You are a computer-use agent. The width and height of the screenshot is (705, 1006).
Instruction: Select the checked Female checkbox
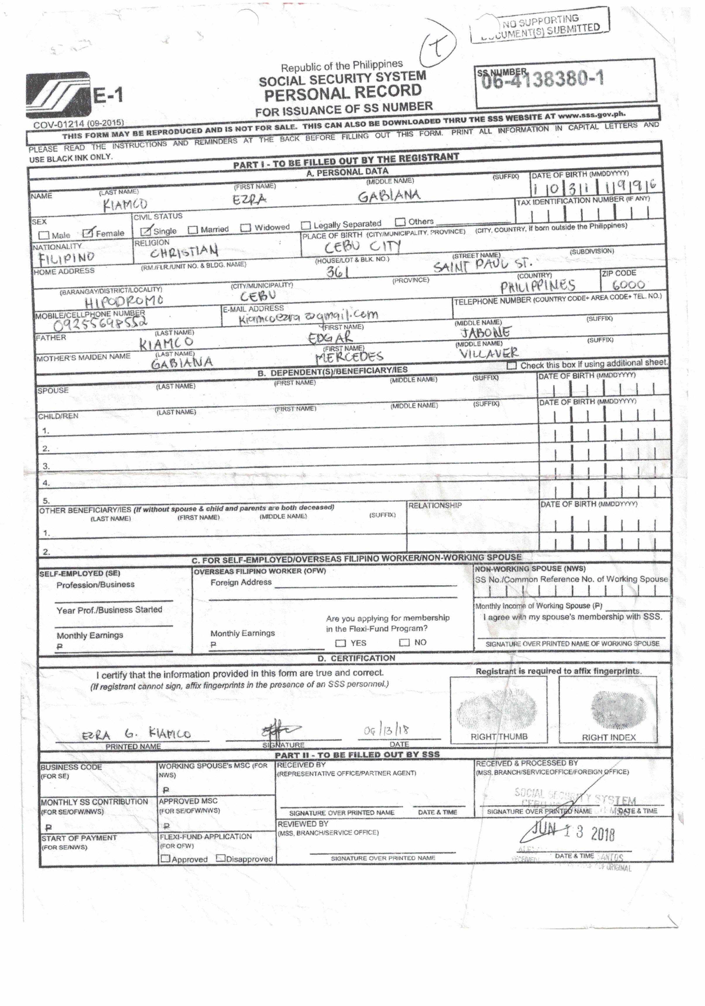(88, 233)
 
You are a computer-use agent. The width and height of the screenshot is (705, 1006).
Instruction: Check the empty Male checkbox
(44, 235)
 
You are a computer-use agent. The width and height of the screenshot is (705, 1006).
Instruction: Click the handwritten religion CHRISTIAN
(184, 251)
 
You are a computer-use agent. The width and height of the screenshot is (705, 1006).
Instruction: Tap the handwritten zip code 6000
(628, 285)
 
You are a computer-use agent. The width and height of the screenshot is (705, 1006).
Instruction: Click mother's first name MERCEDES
(349, 357)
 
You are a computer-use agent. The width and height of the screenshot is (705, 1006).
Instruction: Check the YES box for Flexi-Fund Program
(340, 643)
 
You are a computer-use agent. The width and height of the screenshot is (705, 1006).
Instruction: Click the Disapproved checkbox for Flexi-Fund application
(221, 858)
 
